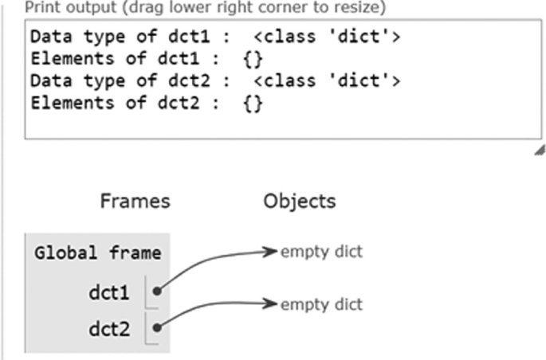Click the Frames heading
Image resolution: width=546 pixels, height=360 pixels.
tap(135, 202)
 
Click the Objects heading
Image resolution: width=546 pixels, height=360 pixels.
tap(299, 202)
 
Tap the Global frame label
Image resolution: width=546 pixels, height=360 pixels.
tap(97, 254)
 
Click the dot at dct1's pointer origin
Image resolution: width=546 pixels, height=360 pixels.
tap(159, 292)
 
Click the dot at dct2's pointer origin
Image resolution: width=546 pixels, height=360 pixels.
tap(159, 327)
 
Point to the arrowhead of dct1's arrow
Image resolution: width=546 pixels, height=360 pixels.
tap(271, 252)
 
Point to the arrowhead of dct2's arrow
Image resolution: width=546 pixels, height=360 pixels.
tap(271, 304)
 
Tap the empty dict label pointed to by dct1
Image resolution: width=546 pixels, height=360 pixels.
tap(321, 252)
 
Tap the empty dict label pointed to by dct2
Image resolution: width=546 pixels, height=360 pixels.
tap(321, 304)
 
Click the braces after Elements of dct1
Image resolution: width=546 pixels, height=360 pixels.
tap(253, 60)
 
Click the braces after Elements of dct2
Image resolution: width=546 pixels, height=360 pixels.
tap(253, 104)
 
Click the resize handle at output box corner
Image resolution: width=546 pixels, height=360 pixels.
tap(540, 149)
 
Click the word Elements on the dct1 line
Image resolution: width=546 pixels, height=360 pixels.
tap(61, 60)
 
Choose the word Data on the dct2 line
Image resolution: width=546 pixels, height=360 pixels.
tap(47, 81)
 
